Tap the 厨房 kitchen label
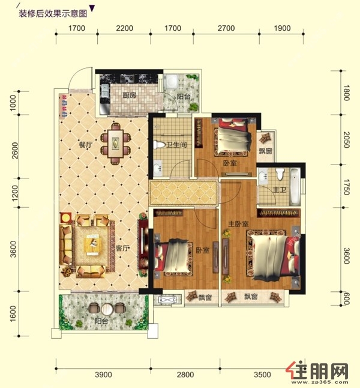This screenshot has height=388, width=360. click(130, 95)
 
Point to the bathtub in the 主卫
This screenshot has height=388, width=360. click(294, 186)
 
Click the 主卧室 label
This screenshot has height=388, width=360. click(238, 224)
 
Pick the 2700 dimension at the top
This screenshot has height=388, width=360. click(226, 28)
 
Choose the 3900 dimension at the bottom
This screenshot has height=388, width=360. click(103, 375)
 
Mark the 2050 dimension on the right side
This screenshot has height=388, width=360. click(346, 139)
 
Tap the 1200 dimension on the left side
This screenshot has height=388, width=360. click(15, 193)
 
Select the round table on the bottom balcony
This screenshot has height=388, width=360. click(107, 309)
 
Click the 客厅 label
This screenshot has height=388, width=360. click(122, 248)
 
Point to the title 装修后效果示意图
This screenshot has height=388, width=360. click(53, 13)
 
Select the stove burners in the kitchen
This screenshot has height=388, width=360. click(127, 78)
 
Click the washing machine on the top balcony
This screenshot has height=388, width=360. click(170, 81)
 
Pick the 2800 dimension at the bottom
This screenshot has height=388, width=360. click(185, 375)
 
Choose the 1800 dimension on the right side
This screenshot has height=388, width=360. click(346, 92)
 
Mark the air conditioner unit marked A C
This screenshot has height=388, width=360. click(167, 300)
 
